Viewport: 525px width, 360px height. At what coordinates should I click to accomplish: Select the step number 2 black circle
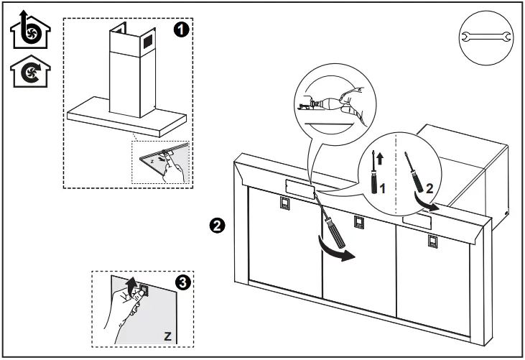(213, 225)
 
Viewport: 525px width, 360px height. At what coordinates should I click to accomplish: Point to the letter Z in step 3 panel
(167, 335)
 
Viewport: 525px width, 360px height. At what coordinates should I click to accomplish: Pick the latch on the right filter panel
(432, 239)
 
